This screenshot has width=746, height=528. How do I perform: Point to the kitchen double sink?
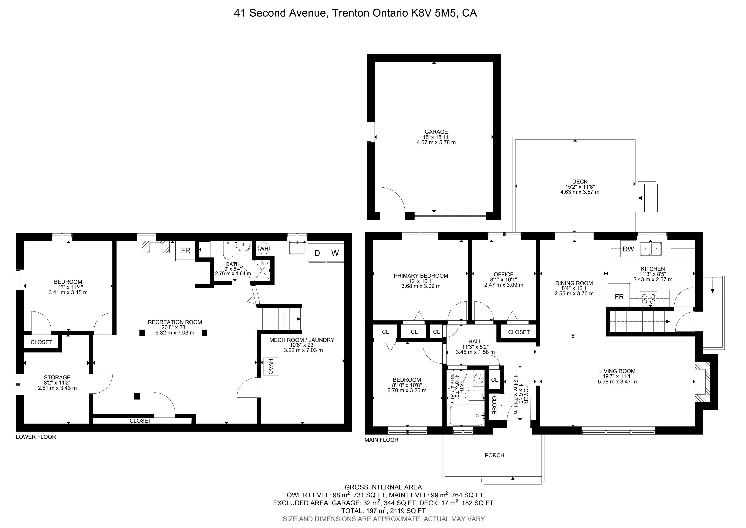651,249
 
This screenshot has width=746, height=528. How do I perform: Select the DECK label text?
580,182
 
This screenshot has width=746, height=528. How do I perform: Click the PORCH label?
494,455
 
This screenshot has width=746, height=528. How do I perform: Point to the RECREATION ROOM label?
175,322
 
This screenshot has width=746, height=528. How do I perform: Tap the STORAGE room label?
57,377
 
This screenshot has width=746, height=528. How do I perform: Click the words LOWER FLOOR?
36,437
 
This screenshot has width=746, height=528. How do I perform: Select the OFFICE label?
504,274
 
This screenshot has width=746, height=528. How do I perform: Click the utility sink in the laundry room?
297,248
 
